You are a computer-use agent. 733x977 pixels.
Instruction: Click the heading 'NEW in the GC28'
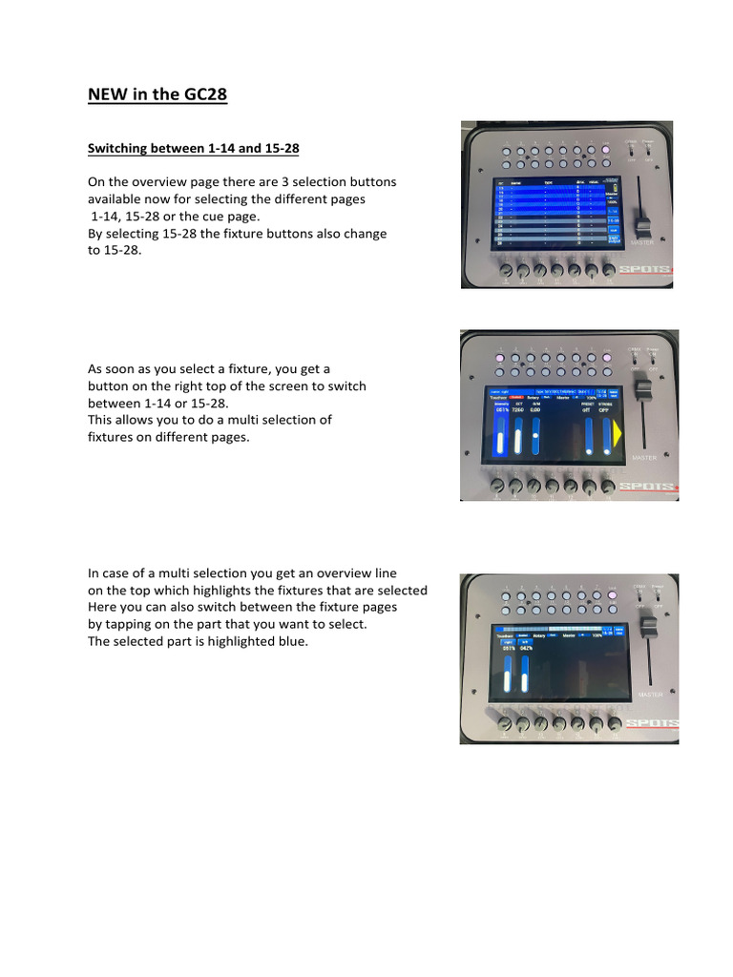[157, 94]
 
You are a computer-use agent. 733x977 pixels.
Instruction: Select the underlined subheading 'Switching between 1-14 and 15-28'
[193, 149]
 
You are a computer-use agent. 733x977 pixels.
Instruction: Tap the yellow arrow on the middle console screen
[618, 434]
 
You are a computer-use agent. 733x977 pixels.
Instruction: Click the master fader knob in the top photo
[643, 227]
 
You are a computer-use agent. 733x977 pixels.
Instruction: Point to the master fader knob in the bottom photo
[647, 631]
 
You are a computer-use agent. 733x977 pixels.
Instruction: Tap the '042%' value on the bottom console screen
[524, 648]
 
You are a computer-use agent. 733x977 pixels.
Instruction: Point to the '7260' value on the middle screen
[519, 411]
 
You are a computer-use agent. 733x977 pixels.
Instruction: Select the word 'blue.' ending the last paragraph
[292, 641]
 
